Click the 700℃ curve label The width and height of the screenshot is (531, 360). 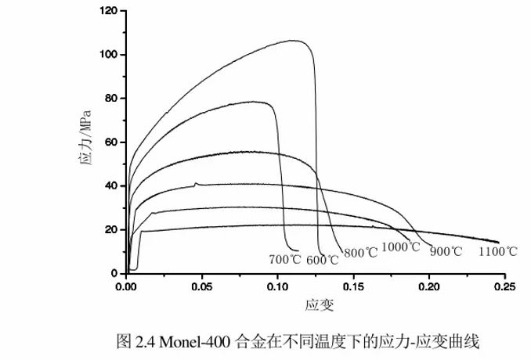[x=284, y=258]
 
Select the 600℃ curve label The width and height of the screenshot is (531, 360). [x=322, y=260]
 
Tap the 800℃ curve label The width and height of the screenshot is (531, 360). [x=360, y=253]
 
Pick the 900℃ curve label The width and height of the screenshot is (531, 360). [x=446, y=252]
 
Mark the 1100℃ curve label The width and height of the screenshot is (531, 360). [x=498, y=251]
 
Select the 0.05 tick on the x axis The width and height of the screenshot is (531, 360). [x=202, y=287]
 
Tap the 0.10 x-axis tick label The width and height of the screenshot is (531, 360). [x=278, y=287]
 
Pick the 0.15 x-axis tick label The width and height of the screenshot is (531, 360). [x=354, y=287]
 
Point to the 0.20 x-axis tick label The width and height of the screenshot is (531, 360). [x=429, y=287]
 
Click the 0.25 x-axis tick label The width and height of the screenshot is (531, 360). [x=505, y=287]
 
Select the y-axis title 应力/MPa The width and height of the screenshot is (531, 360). [x=86, y=142]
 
